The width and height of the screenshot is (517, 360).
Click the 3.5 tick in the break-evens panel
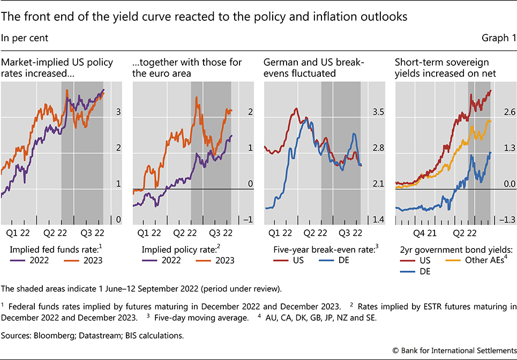click(x=379, y=112)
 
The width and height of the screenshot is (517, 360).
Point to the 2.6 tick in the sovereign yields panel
click(x=509, y=112)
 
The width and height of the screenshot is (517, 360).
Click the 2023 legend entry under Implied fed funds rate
click(x=86, y=261)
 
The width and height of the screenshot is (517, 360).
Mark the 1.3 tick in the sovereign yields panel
click(x=509, y=148)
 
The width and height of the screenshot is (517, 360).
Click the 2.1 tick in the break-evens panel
click(x=379, y=184)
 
